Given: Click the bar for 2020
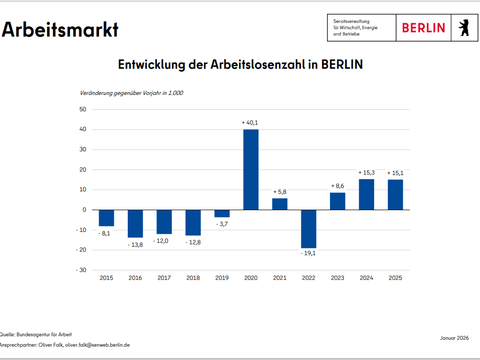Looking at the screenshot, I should coord(250,169).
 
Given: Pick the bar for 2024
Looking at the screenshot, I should coord(366,194).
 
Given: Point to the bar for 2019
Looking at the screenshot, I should coord(221,213).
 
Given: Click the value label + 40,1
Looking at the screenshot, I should coord(250,122).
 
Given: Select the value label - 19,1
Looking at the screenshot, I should coord(308,255).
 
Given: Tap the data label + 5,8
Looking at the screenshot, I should coord(280,191).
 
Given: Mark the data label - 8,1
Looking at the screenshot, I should coord(105,233).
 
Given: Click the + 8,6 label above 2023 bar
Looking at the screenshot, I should coord(337,186).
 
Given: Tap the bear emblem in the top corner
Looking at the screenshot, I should coord(461,27).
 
